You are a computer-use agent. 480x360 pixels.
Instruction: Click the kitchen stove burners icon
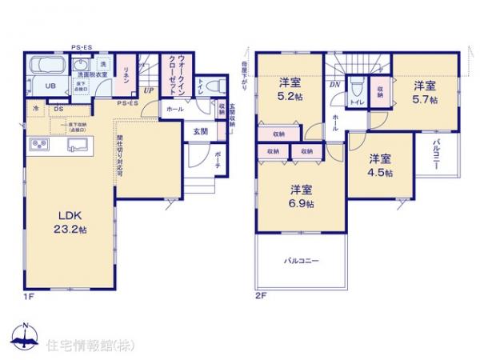[38, 144]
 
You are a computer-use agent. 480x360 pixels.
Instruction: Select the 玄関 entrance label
[200, 132]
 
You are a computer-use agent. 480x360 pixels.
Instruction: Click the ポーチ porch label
[217, 163]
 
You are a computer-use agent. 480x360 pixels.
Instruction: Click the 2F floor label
[260, 296]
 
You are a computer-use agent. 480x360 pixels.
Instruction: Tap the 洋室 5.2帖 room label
[290, 88]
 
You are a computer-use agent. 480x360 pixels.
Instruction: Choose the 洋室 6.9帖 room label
[301, 195]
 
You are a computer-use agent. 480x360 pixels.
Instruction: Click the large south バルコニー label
[301, 261]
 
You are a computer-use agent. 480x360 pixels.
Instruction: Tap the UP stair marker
[149, 90]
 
